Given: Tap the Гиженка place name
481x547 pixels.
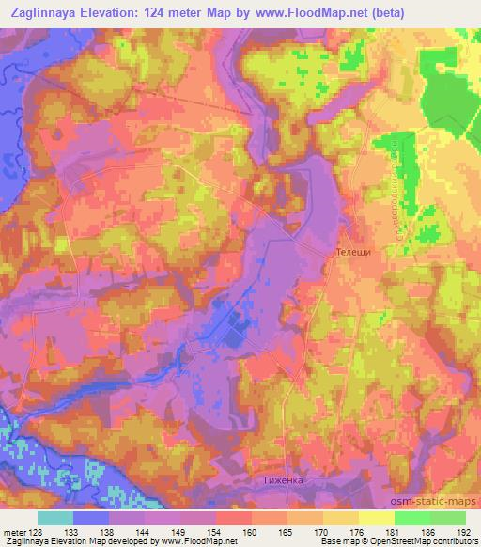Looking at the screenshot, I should tap(283, 478).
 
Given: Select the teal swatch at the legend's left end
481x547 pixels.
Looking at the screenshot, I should tap(55, 517).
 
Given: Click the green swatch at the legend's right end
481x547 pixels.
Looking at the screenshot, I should tap(447, 517).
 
